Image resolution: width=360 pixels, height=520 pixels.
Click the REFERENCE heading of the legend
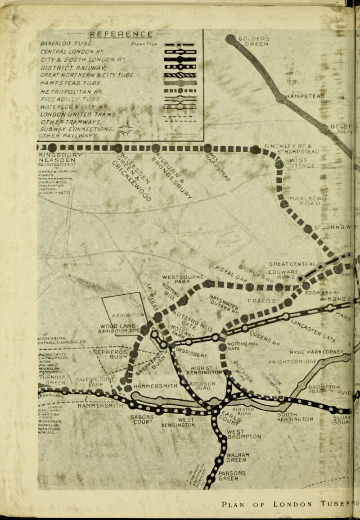click(121, 33)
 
